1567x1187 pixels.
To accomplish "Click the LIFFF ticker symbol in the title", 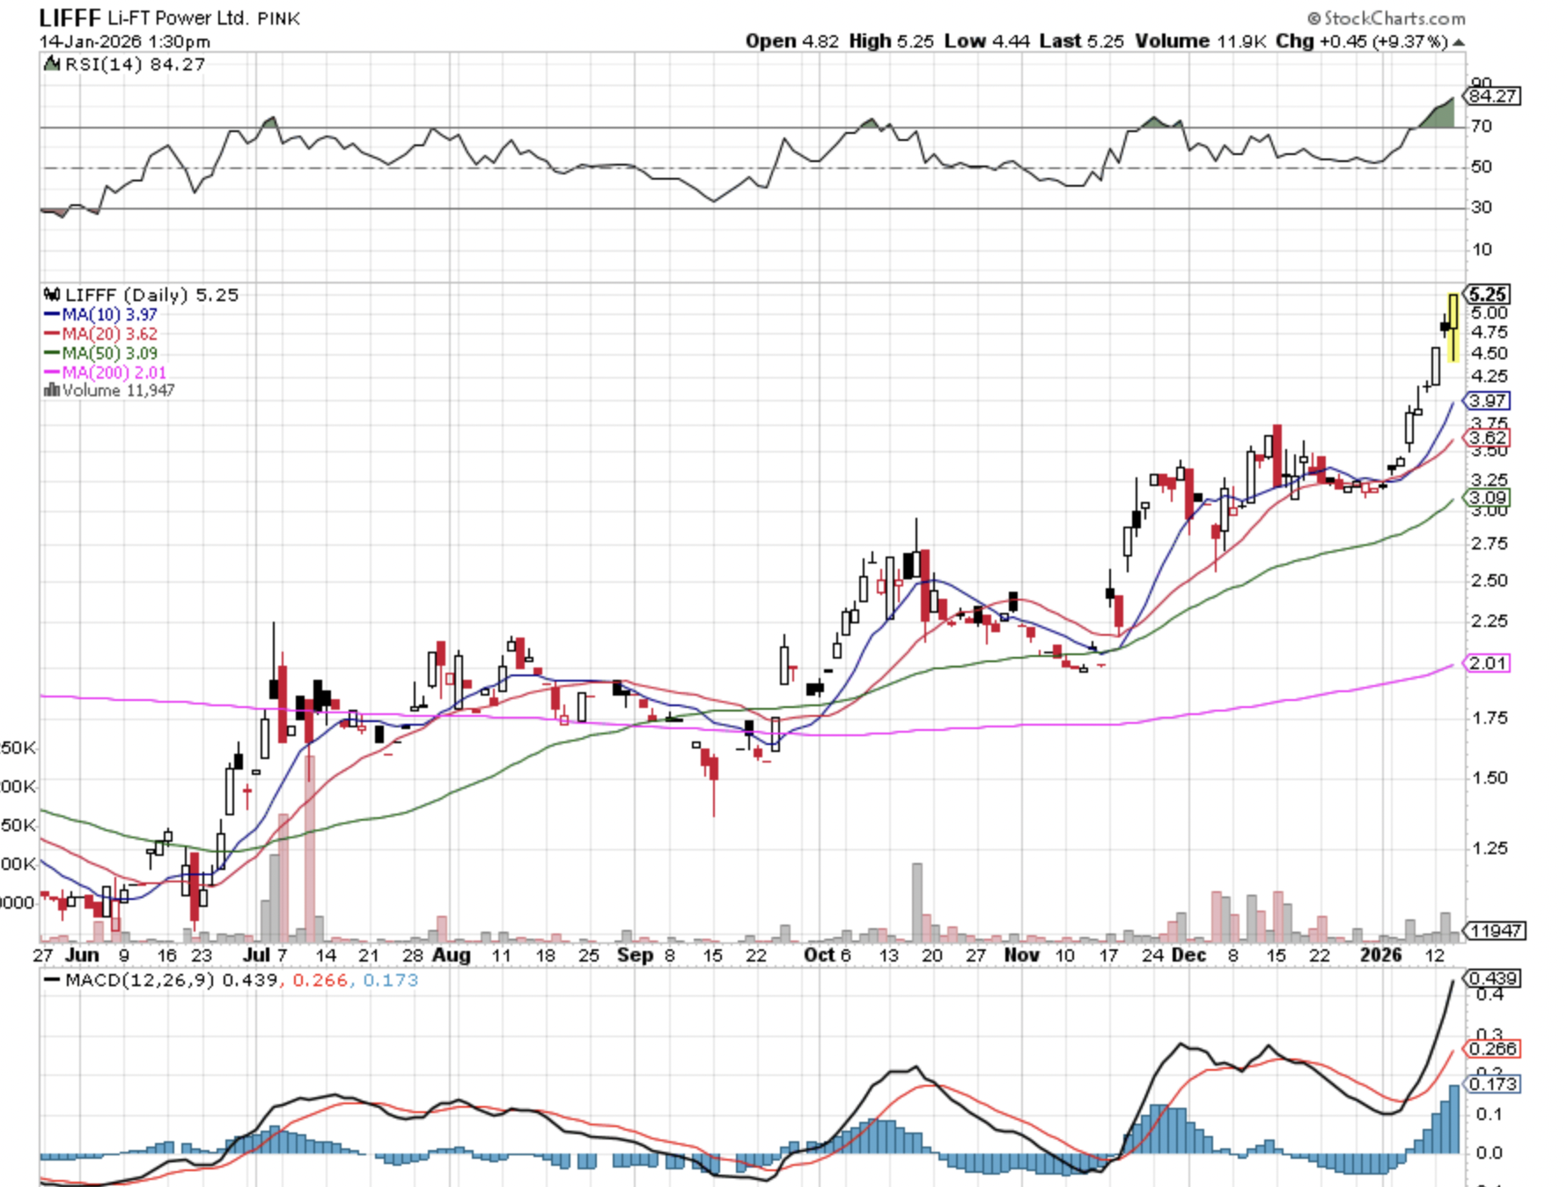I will click(x=70, y=18).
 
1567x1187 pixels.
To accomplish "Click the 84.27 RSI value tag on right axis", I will click(x=1493, y=95).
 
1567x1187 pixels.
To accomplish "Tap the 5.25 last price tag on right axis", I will click(x=1488, y=294).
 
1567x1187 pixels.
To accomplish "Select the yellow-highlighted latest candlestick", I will click(x=1453, y=328).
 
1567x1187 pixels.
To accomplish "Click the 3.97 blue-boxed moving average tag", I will click(x=1488, y=401).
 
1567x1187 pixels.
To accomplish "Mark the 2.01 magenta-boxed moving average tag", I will click(x=1488, y=663).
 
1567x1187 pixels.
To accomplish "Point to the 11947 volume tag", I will click(x=1495, y=931).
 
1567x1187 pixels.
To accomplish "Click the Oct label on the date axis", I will click(x=819, y=955).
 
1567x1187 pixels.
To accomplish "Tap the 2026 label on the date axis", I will click(x=1380, y=955).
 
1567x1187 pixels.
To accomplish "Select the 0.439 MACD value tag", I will click(x=1493, y=978).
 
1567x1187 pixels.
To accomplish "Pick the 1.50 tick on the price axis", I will click(x=1490, y=778).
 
